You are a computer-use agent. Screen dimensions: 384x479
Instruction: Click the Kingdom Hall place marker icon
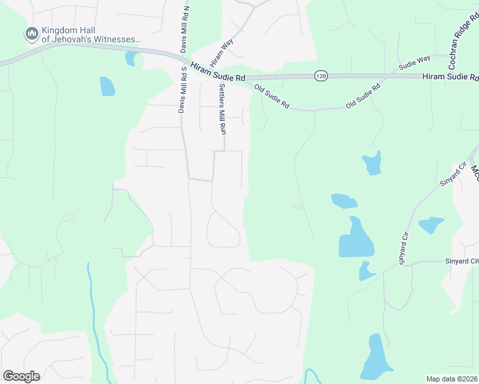(31, 32)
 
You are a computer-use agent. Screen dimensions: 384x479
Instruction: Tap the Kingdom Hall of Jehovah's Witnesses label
(90, 35)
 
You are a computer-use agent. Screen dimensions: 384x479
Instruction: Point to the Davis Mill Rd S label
(182, 89)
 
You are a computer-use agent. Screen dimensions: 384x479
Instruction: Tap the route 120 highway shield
(320, 76)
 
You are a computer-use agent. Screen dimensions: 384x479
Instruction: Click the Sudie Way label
(414, 62)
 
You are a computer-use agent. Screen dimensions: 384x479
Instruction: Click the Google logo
(21, 376)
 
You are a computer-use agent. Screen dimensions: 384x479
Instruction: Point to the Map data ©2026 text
(451, 379)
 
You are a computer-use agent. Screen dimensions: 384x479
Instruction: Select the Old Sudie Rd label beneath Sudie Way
(363, 95)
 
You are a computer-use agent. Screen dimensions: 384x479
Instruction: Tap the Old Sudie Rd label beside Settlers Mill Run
(272, 96)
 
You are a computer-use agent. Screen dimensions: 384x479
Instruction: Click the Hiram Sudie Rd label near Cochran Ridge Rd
(450, 77)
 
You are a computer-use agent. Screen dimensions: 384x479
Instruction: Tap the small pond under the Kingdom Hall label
(131, 59)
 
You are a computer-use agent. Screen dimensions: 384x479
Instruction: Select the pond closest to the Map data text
(376, 356)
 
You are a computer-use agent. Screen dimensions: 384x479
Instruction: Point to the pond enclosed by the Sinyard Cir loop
(431, 225)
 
